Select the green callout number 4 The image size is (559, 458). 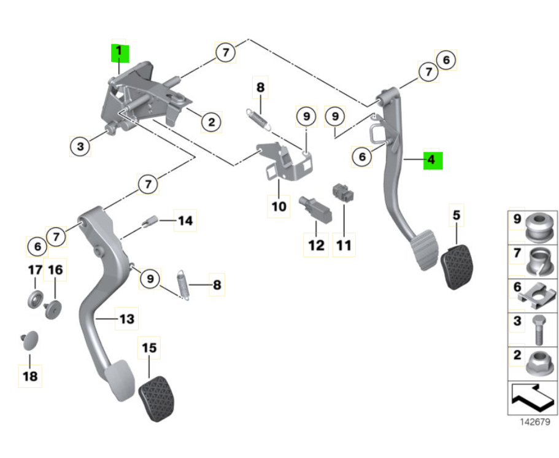tap(432, 160)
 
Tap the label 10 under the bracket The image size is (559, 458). tap(279, 206)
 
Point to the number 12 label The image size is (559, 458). tap(316, 246)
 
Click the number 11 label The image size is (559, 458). tap(344, 246)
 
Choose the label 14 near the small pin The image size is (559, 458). tap(185, 220)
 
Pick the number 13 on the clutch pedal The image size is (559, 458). tap(126, 319)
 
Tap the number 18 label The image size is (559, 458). tap(29, 376)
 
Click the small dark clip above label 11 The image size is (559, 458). tap(344, 192)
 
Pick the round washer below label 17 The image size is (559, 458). tap(35, 300)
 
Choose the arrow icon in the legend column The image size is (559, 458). tap(531, 397)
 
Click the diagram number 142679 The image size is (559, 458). tap(532, 422)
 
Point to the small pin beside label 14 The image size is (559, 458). tap(150, 221)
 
